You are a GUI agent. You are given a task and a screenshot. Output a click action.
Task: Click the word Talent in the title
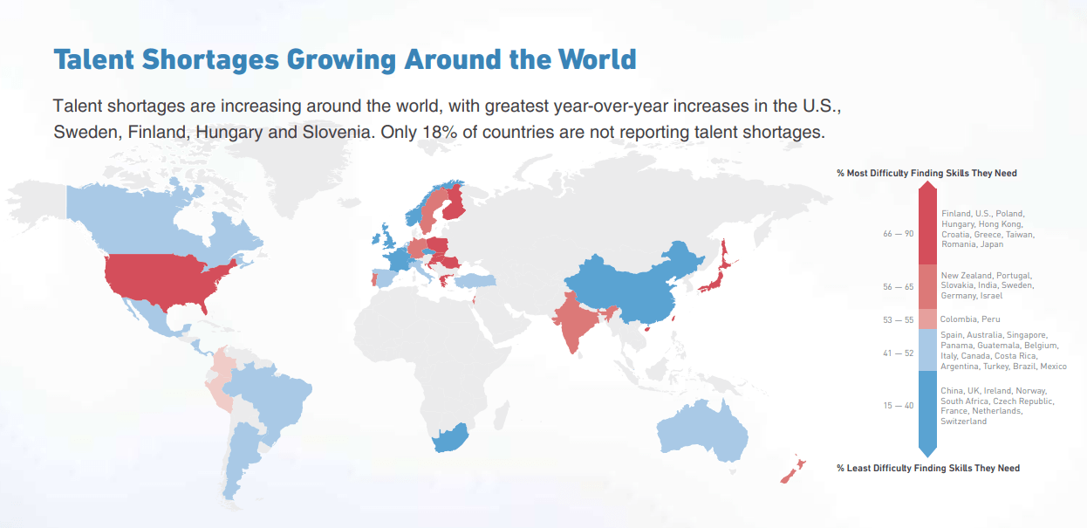(x=93, y=59)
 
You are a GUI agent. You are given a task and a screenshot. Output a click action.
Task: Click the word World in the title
(x=597, y=59)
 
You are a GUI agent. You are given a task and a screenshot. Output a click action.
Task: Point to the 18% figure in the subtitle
(x=440, y=132)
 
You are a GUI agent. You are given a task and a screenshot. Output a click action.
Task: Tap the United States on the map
(x=165, y=282)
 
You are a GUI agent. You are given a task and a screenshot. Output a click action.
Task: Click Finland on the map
(x=455, y=202)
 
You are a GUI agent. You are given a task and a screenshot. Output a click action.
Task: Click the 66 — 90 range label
(x=898, y=234)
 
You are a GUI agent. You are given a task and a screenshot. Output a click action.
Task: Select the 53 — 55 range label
(x=898, y=319)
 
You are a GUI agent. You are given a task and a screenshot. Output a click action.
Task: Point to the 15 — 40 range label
(x=898, y=405)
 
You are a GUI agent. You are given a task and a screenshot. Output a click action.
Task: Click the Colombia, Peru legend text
(x=970, y=319)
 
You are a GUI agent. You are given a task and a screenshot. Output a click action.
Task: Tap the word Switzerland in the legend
(x=963, y=422)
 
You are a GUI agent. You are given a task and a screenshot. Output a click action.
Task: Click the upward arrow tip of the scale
(x=927, y=182)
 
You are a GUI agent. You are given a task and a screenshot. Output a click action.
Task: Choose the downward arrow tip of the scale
(x=927, y=456)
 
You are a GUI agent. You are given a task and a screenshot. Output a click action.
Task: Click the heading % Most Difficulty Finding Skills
(x=926, y=174)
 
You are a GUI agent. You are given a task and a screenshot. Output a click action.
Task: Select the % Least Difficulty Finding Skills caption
(x=928, y=468)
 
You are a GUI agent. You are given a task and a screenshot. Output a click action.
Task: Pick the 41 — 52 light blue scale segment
(x=927, y=350)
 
